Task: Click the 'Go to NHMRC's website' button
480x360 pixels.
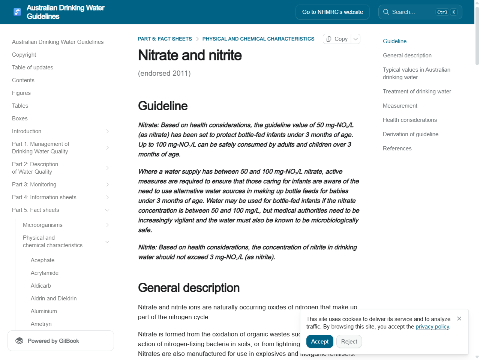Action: coord(332,12)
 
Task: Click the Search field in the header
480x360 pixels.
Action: coord(412,12)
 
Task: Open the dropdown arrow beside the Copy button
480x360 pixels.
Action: coord(355,39)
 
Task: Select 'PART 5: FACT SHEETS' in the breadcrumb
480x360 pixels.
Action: coord(165,39)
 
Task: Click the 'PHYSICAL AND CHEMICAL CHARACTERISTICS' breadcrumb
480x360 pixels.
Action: coord(258,39)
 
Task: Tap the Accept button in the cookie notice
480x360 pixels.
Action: coord(319,342)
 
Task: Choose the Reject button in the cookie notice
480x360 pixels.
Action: coord(349,342)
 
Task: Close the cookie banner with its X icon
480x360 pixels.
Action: coord(459,319)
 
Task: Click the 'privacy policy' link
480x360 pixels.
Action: coord(432,327)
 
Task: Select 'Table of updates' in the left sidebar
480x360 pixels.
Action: coord(33,67)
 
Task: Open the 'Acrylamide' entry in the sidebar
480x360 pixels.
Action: coord(45,273)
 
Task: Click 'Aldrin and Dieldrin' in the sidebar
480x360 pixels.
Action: coord(54,298)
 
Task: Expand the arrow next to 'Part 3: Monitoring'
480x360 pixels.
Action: coord(107,184)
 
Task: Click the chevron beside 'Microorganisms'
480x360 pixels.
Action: coord(107,225)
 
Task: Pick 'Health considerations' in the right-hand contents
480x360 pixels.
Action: coord(409,120)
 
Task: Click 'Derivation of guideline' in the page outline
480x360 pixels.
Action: coord(410,134)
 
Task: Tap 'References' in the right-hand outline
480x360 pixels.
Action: coord(397,148)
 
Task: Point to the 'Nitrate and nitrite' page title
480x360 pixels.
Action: coord(190,55)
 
